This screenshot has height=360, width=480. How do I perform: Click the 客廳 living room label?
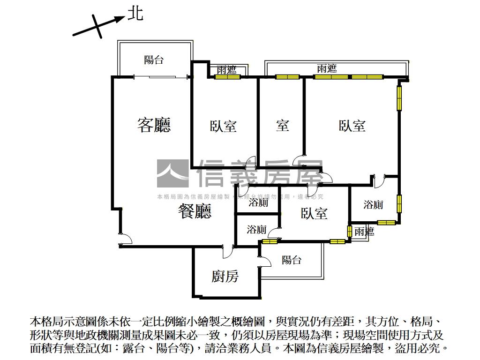coord(154,125)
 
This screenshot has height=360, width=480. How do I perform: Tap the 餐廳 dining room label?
coord(195,211)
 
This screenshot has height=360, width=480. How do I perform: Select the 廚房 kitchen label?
coord(225,277)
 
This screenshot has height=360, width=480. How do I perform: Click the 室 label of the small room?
coord(282,126)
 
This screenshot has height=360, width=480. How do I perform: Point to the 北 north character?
coord(135,14)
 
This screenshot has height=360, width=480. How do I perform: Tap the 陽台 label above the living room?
coord(154,60)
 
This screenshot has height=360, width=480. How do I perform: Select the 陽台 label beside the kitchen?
coord(292,260)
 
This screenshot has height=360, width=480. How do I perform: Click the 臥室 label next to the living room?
coord(223,126)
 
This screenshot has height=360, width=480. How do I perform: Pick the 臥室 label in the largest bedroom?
coord(352,126)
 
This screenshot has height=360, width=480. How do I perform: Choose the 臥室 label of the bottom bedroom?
coord(314,214)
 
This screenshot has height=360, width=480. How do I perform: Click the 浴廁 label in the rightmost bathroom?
coord(373,205)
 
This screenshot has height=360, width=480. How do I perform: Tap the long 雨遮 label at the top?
coord(326,68)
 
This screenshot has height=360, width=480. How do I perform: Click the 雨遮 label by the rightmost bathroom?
coord(364,232)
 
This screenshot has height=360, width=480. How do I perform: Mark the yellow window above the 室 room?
coord(287,77)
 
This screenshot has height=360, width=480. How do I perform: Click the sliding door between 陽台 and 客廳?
coord(162,76)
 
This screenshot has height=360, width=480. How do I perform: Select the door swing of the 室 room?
coord(299,160)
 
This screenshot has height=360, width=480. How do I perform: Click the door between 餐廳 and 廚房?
coord(228,251)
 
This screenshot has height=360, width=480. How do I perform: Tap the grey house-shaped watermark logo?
coord(172,173)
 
